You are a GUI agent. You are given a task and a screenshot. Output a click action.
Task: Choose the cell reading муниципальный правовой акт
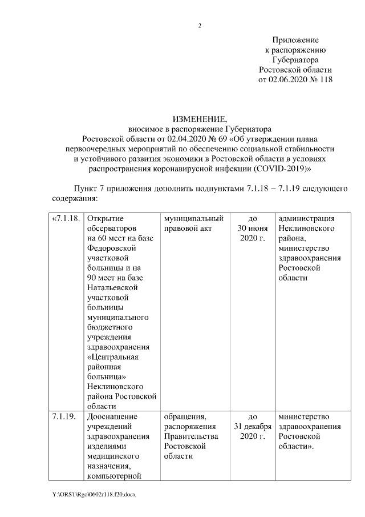coord(193,223)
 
